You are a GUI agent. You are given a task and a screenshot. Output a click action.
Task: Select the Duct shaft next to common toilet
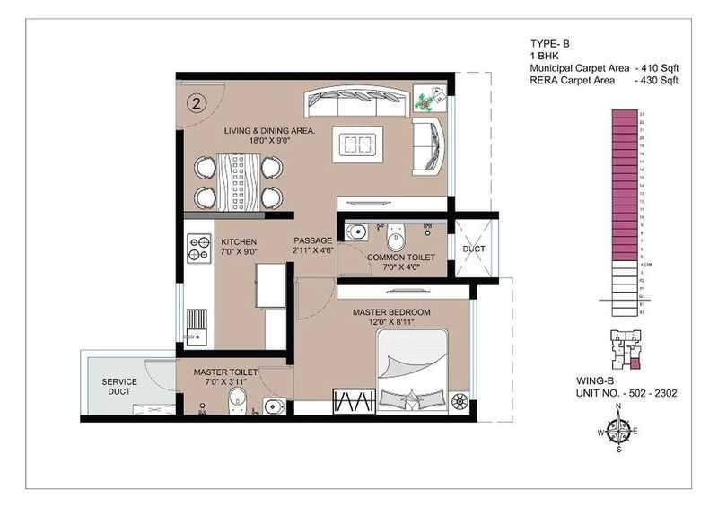tap(473, 249)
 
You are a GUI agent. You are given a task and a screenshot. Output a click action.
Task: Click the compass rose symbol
tap(618, 430)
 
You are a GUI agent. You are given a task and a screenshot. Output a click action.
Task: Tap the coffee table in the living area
tap(359, 144)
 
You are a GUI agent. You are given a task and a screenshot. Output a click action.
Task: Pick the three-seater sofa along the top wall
tap(357, 101)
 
